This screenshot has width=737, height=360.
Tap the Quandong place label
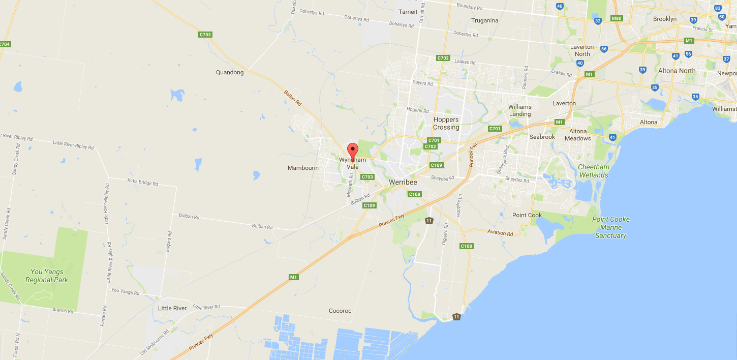point(230,72)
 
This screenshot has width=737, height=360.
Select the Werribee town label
point(403,182)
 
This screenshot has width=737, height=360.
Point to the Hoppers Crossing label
point(446,124)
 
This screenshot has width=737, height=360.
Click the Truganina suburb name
point(484,21)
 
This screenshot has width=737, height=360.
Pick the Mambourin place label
point(303,168)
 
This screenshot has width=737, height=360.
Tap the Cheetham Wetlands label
point(594,171)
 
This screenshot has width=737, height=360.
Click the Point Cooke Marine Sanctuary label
point(611,227)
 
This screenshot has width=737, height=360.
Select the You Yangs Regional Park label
point(47,276)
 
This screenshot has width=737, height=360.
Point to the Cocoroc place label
point(340,311)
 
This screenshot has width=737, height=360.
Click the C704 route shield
point(5,44)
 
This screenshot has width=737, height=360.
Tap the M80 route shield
point(617,18)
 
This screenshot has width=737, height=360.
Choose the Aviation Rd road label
point(500,233)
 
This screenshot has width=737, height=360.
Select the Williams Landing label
point(519,110)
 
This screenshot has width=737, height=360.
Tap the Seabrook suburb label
point(542,137)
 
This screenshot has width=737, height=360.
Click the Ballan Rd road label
point(292,96)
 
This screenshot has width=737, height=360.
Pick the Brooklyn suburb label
point(665,19)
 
